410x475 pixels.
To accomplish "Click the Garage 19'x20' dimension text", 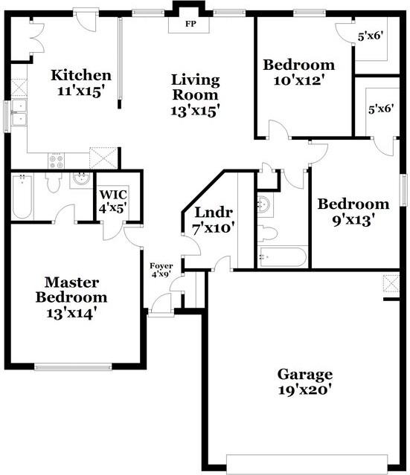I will click(305, 389).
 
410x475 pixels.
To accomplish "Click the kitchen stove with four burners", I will click(57, 158).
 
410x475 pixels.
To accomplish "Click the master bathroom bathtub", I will click(23, 197).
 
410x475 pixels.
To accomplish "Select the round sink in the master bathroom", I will click(80, 179).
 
